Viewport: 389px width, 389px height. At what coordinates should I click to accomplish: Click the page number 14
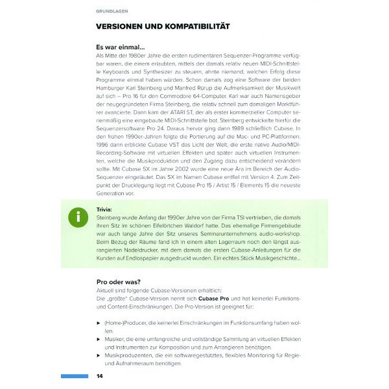[x=99, y=376]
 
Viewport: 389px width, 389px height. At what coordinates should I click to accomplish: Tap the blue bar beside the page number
[x=74, y=376]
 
